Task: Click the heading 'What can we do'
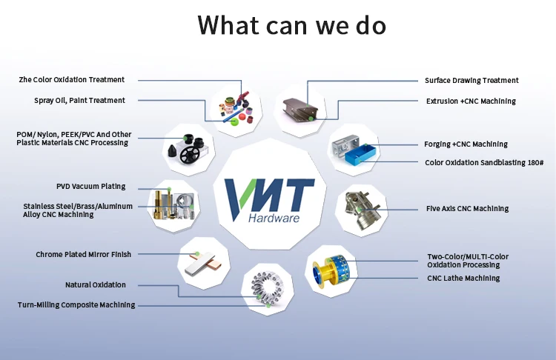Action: coord(291,24)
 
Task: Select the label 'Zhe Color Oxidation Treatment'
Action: coord(72,80)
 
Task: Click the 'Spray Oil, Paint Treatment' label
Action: coord(79,101)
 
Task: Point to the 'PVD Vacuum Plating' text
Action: coord(90,187)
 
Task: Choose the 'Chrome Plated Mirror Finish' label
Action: coord(83,255)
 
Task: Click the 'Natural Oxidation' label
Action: coord(96,285)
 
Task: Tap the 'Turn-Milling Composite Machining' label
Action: coord(76,305)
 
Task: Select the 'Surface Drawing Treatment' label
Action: coord(471,81)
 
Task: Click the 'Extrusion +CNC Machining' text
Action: coord(471,101)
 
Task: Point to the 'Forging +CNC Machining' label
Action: coord(466,144)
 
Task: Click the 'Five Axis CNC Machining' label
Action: coord(467,209)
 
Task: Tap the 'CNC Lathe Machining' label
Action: coord(463,279)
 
